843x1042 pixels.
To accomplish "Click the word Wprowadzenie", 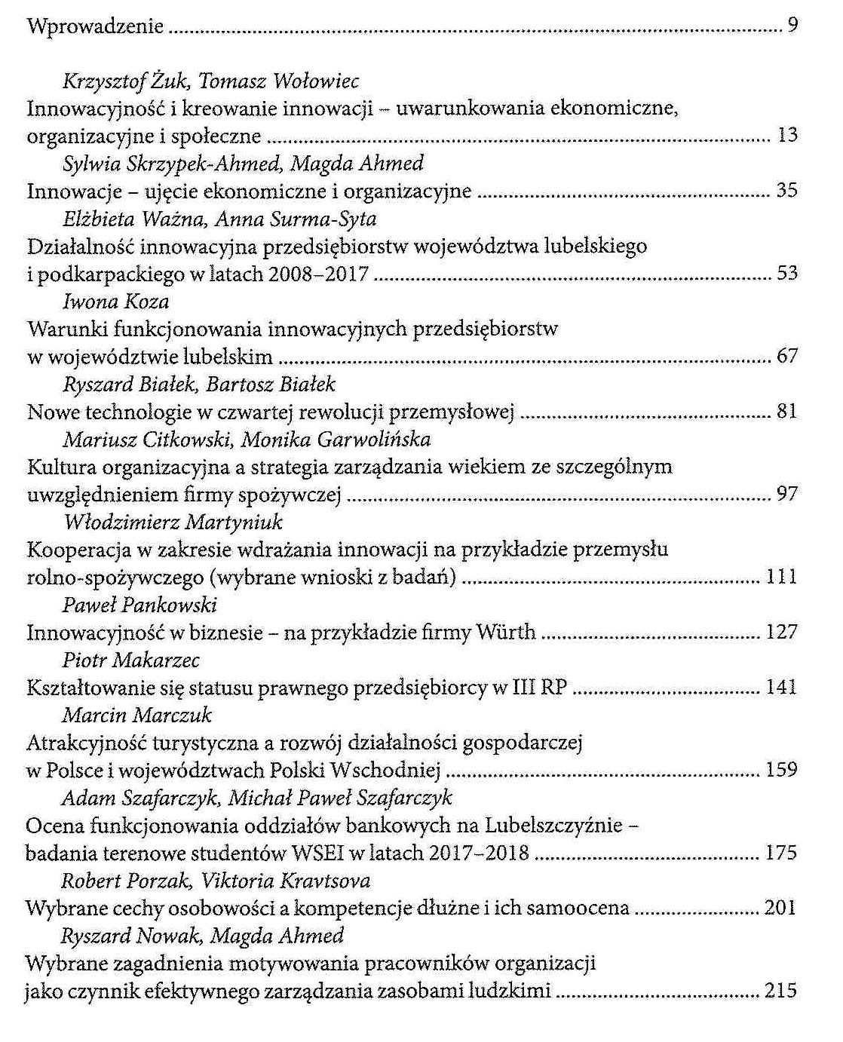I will click(x=95, y=27).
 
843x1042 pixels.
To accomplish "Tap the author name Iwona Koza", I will click(x=115, y=302).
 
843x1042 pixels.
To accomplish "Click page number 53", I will click(x=786, y=273).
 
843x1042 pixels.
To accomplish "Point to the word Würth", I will click(x=505, y=632).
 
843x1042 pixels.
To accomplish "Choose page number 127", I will click(x=781, y=632).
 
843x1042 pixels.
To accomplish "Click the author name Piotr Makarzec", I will click(x=130, y=660).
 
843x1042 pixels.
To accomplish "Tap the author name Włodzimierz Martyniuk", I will click(x=173, y=522).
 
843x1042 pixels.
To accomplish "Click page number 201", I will click(x=780, y=908).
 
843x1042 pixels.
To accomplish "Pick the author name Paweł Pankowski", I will click(x=139, y=605).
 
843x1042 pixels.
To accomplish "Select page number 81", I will click(x=786, y=412).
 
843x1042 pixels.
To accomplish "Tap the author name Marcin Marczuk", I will click(x=136, y=715).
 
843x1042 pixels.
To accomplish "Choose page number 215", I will click(x=780, y=990).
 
